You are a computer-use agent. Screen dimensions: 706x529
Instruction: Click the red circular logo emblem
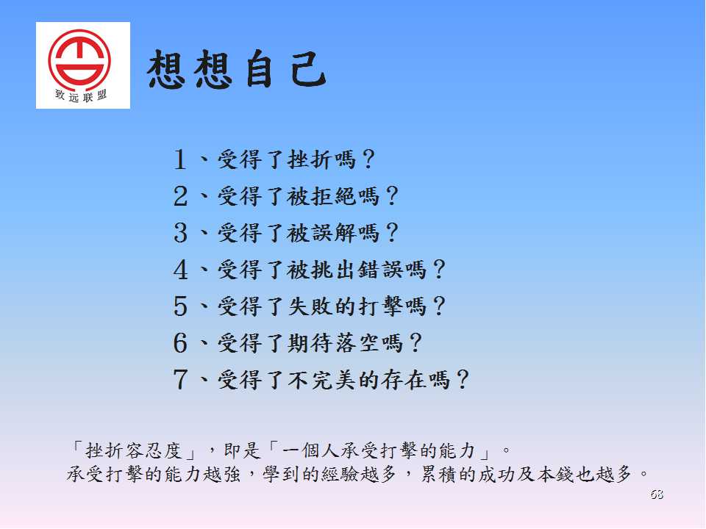coord(79,59)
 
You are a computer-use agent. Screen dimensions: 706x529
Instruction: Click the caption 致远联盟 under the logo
coord(81,96)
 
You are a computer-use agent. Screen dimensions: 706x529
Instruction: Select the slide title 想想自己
coord(237,69)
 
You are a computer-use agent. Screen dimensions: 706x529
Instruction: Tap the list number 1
coord(179,159)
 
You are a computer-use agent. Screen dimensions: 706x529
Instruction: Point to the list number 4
coord(180,270)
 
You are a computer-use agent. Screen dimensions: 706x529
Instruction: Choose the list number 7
coord(180,379)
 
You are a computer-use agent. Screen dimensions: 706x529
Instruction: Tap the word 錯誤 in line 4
coord(380,270)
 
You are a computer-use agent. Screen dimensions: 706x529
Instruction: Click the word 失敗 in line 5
coord(310,306)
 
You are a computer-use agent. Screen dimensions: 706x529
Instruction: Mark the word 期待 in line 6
coord(310,343)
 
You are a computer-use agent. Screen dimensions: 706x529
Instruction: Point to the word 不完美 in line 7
coord(321,380)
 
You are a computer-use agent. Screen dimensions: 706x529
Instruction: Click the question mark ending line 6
coord(415,343)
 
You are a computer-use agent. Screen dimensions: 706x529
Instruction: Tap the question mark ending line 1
coord(368,159)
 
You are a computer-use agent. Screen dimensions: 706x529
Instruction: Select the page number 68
coord(657,494)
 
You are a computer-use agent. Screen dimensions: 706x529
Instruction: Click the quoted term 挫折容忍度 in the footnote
coord(133,450)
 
